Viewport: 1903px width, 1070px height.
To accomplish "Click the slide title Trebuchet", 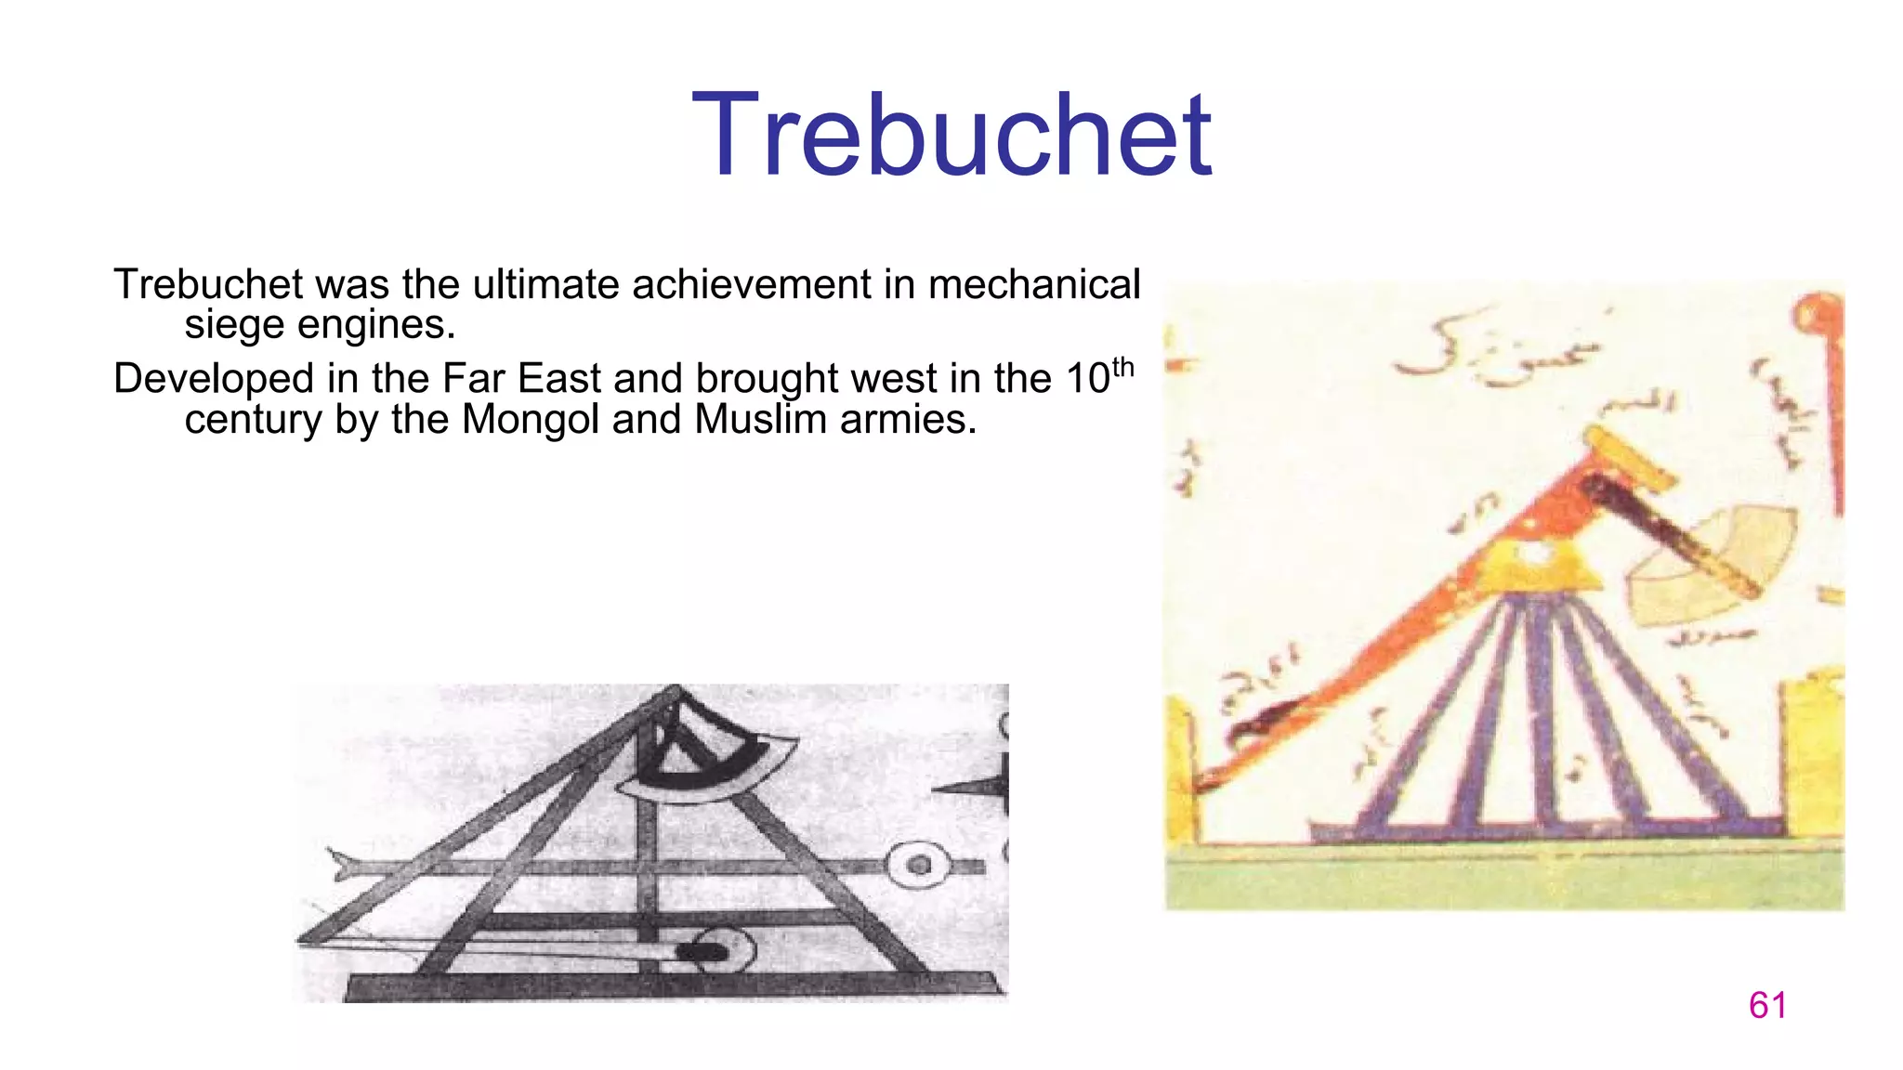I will [x=951, y=136].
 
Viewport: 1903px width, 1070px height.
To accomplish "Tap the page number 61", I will [x=1766, y=1005].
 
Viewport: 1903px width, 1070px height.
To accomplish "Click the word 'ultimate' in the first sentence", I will [x=548, y=284].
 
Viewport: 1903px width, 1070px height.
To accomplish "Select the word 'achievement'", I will [x=751, y=284].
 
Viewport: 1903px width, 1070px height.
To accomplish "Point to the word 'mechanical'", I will [x=1033, y=284].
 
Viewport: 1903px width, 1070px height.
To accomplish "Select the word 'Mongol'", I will [x=528, y=420].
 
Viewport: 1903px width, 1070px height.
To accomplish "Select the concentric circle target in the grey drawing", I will [x=918, y=865].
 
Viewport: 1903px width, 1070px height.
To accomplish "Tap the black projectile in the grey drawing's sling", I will [x=702, y=952].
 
